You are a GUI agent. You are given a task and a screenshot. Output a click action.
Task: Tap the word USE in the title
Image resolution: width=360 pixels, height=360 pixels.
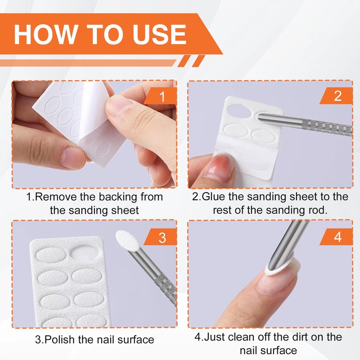click(157, 34)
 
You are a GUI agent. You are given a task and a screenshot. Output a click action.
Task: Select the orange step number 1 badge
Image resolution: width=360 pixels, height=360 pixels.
click(162, 96)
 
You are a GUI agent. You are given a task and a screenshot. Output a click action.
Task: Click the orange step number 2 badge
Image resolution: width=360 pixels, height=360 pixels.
click(338, 95)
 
